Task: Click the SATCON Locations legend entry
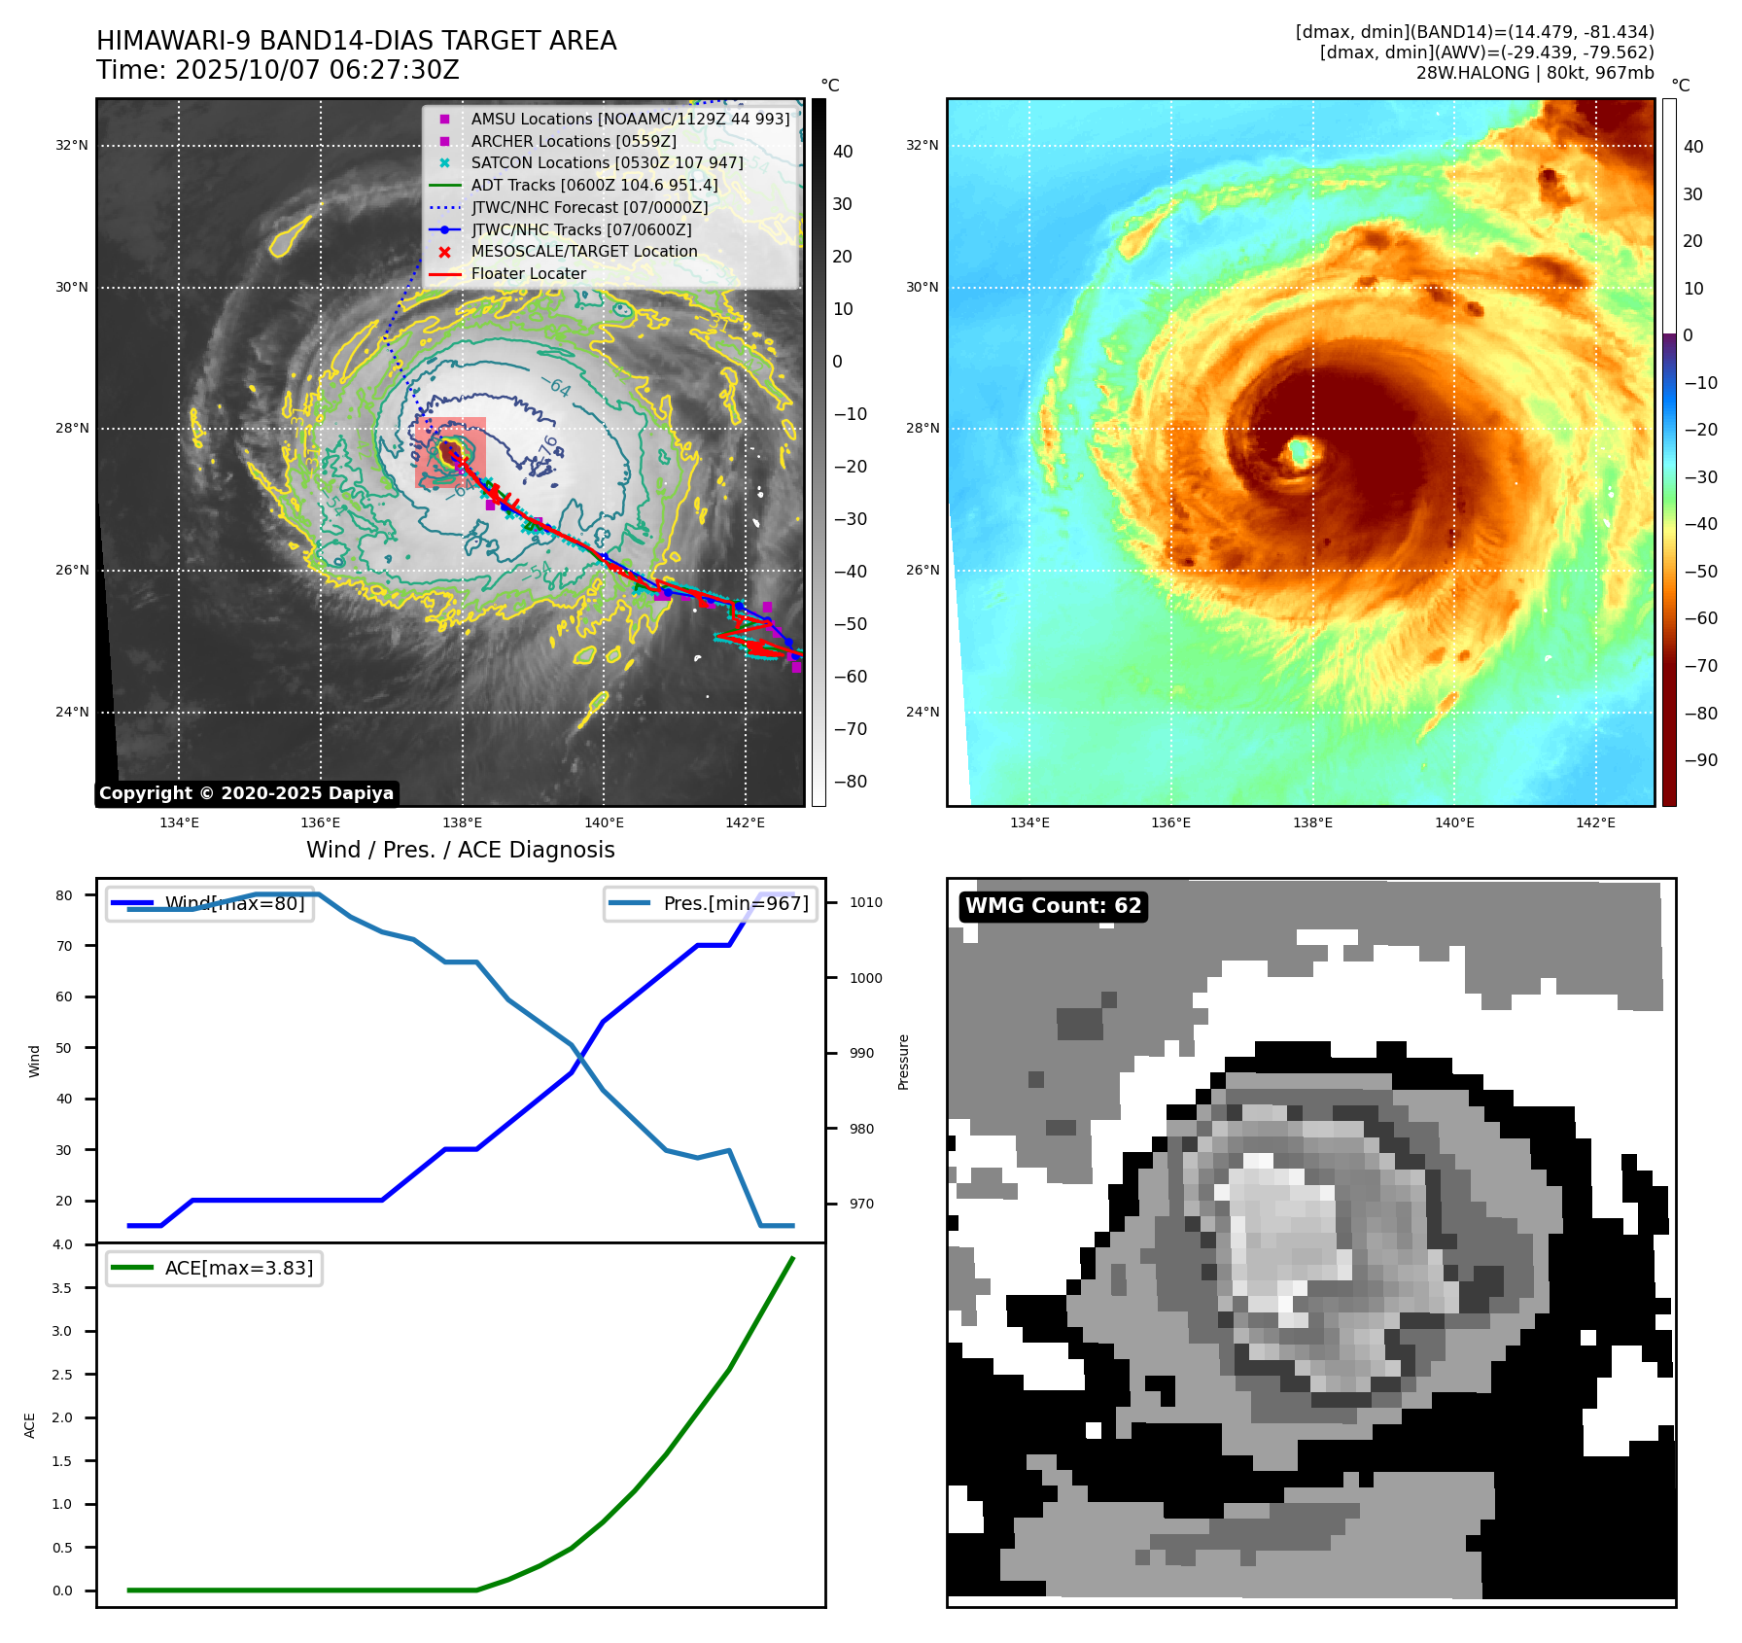[607, 163]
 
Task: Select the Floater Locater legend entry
[528, 274]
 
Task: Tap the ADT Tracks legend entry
[594, 186]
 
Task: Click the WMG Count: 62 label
[1053, 906]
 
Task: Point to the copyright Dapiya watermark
[246, 793]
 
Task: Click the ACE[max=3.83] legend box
[214, 1269]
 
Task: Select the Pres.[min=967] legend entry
[711, 904]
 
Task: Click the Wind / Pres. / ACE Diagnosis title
[460, 850]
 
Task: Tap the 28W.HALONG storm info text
[1534, 73]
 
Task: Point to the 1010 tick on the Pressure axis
[866, 902]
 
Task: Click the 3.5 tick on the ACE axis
[62, 1288]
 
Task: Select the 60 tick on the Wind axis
[64, 996]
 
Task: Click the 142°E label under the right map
[1595, 823]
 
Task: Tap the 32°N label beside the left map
[71, 146]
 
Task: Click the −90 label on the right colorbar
[1700, 760]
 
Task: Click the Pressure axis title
[903, 1062]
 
